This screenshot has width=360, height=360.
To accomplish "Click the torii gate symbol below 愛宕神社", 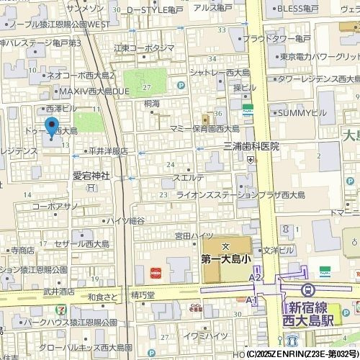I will (x=91, y=187).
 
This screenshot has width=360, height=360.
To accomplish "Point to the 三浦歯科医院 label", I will (x=251, y=146).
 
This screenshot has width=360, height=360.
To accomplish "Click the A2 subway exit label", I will (x=254, y=277).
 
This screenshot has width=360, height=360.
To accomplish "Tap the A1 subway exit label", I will (x=251, y=300).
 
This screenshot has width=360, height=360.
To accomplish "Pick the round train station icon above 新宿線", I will (x=309, y=289).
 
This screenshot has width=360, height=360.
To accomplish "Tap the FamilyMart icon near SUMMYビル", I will (x=248, y=111).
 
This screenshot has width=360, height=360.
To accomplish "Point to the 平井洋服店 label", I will (x=107, y=151).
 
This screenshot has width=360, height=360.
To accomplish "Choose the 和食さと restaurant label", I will (x=102, y=297).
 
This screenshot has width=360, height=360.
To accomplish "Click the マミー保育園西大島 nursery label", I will (x=204, y=128).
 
